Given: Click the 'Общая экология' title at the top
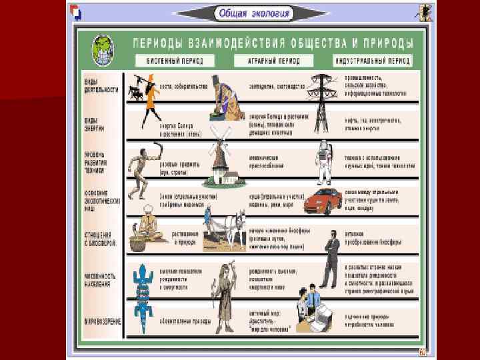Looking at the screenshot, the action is click(x=253, y=13).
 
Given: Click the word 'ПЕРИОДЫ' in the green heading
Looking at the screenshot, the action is click(x=161, y=43).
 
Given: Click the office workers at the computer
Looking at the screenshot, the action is click(x=313, y=307).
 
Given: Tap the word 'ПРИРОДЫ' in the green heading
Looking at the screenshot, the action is click(x=386, y=43).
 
